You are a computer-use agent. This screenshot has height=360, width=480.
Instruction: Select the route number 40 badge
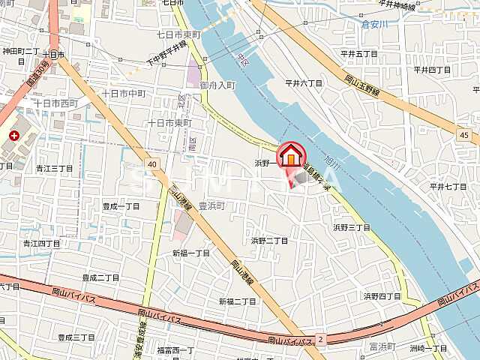tap(151, 163)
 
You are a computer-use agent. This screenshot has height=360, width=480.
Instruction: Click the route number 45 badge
tap(465, 133)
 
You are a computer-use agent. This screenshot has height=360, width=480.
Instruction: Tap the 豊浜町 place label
tap(212, 205)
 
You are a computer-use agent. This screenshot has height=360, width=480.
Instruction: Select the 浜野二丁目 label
tap(269, 241)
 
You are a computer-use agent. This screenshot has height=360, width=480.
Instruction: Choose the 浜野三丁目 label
tap(352, 226)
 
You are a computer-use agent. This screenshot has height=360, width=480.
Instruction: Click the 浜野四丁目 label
tap(382, 296)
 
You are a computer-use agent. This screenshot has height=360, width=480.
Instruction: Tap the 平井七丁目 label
tap(448, 186)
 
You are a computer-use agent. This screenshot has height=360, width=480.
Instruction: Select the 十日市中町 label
tap(124, 94)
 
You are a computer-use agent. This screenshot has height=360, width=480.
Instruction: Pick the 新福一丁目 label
tap(191, 253)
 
